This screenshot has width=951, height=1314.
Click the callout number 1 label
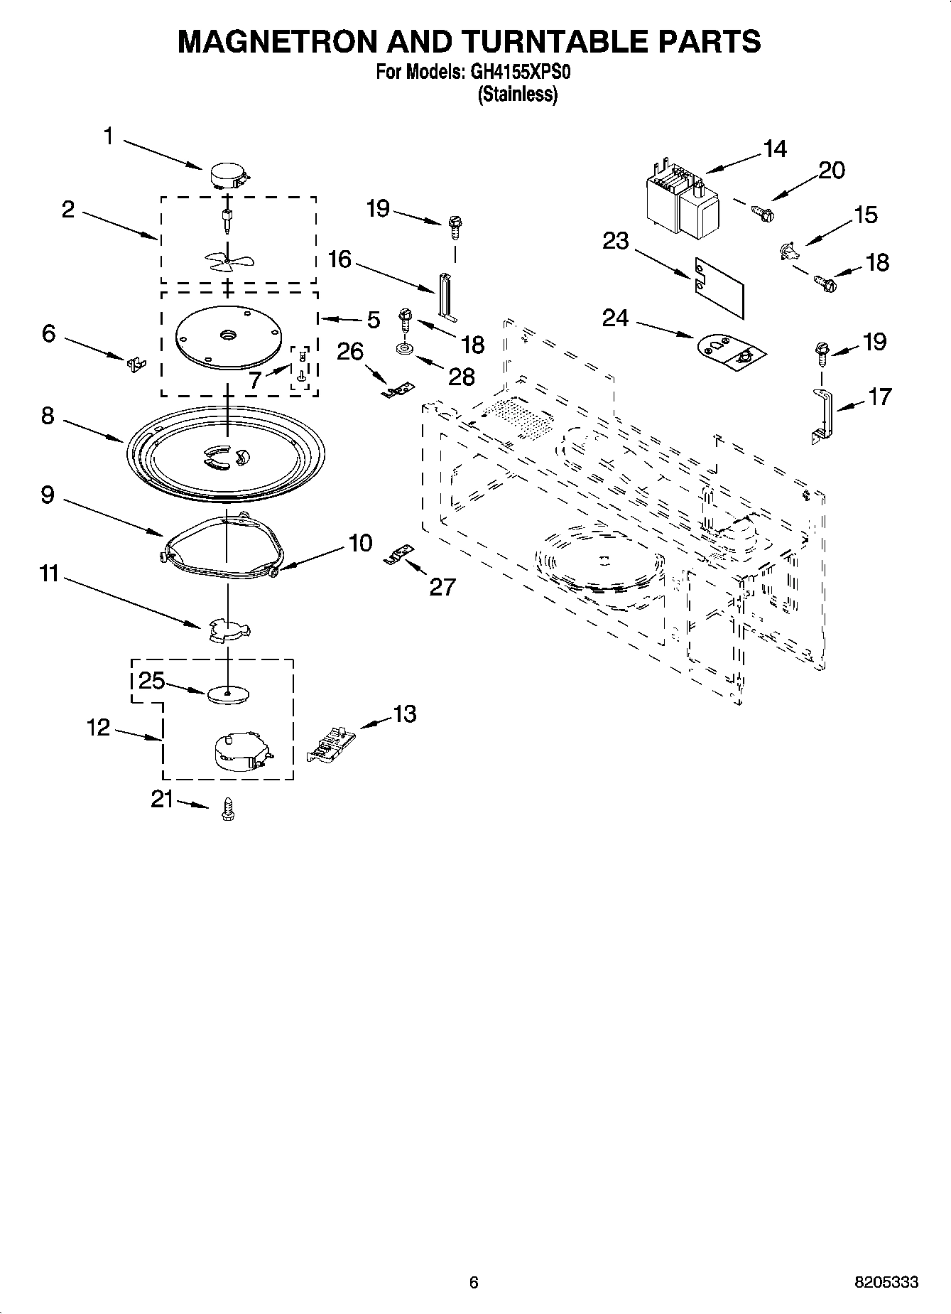(108, 136)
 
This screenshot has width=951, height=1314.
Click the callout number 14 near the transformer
(775, 149)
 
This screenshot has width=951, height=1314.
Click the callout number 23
(616, 241)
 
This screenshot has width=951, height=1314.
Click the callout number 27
(442, 586)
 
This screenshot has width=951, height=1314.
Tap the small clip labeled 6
(135, 363)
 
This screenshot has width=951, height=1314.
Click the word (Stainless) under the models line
(518, 94)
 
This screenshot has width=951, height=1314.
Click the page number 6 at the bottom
(474, 1282)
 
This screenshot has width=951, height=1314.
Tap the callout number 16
(339, 259)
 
